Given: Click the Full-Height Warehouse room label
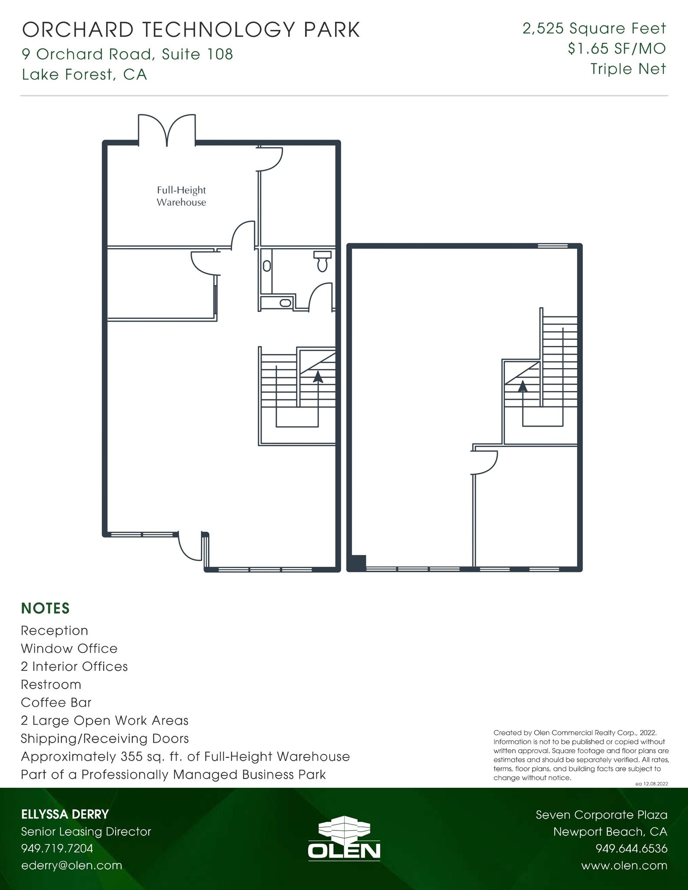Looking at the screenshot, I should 181,196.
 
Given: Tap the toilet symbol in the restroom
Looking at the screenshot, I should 322,261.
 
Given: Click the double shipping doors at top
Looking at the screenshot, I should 167,129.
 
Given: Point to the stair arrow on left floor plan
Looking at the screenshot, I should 318,377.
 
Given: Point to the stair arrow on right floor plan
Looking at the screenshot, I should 522,386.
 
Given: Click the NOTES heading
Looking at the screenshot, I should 45,608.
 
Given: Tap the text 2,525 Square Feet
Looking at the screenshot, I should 594,29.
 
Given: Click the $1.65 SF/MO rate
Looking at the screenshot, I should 616,49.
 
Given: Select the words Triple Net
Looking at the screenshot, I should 628,69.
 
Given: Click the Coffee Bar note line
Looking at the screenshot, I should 56,702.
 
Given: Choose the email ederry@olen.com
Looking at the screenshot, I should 72,865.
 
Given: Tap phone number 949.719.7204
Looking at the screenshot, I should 57,848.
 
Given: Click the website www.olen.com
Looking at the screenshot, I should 624,865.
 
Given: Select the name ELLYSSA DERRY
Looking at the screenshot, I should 65,814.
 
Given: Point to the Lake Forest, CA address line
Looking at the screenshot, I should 84,75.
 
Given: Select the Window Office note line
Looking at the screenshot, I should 69,648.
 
